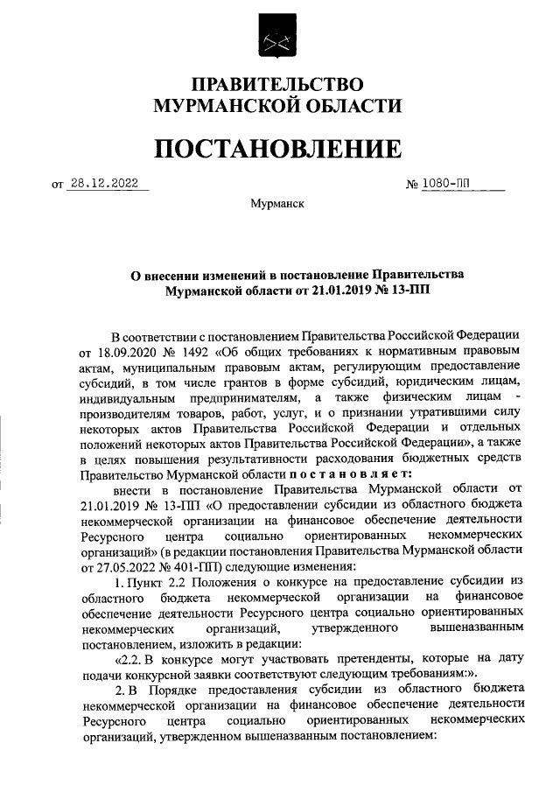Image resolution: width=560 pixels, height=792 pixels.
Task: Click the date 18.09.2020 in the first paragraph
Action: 115,352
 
